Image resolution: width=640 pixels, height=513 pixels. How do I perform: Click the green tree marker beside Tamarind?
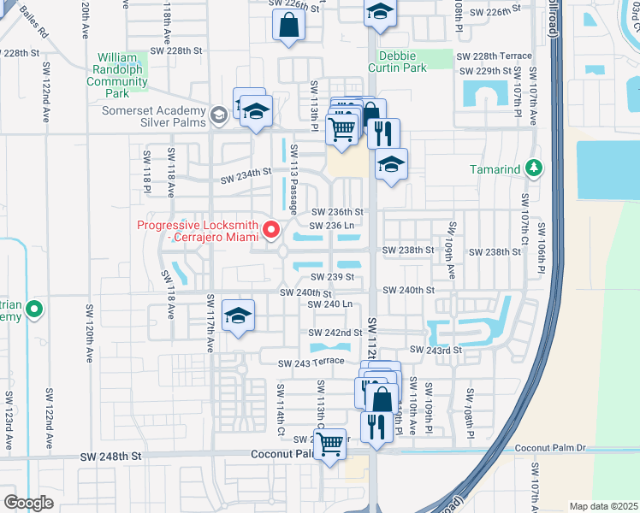[535, 168]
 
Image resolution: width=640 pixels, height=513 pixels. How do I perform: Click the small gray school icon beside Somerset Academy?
[220, 113]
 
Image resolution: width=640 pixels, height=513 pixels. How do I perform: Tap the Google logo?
[28, 503]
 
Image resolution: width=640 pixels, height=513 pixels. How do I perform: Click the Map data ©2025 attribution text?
[602, 506]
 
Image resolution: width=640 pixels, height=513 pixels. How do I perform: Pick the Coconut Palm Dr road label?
[550, 447]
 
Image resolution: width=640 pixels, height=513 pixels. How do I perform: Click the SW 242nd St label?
[336, 333]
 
